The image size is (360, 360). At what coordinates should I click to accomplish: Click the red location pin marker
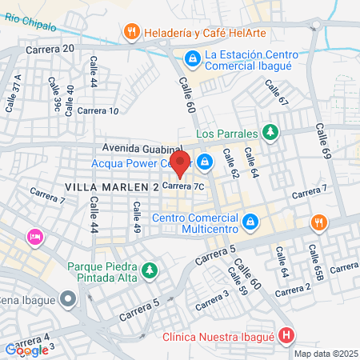(180, 162)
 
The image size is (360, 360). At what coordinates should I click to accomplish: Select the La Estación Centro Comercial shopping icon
(192, 58)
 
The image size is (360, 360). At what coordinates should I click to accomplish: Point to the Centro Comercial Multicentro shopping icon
(250, 220)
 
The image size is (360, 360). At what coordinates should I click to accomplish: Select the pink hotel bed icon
(35, 237)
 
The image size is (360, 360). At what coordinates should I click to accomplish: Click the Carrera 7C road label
(184, 186)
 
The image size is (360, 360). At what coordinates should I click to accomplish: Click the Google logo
(26, 350)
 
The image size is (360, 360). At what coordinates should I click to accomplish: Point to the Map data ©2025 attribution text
(326, 354)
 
